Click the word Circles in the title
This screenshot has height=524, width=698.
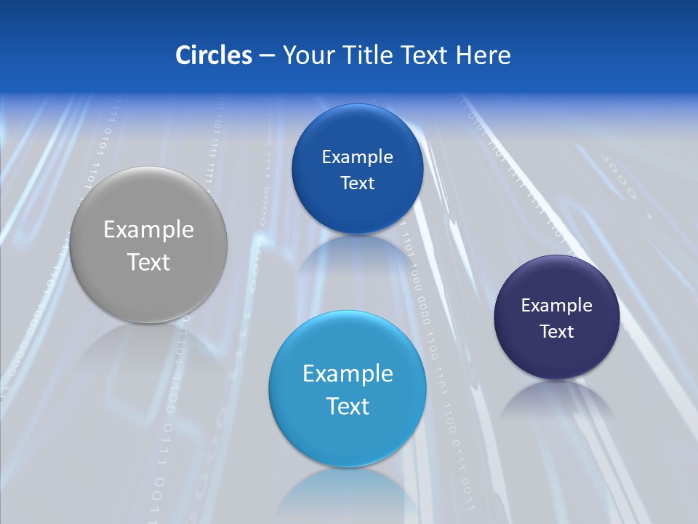214,55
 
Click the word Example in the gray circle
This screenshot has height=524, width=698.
149,230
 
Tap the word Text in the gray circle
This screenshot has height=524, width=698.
149,262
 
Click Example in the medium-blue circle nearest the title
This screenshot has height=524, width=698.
357,156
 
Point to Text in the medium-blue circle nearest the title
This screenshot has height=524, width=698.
357,183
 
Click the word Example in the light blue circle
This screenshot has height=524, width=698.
348,374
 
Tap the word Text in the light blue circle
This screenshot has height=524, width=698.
348,406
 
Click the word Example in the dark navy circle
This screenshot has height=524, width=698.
557,306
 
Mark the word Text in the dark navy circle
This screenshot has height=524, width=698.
557,332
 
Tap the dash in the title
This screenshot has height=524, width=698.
267,55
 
